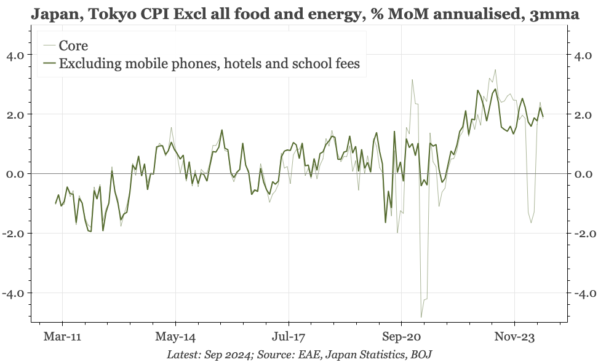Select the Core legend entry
point(73,45)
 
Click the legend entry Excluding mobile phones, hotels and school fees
point(209,63)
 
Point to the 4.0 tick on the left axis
point(15,55)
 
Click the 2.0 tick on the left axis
point(15,115)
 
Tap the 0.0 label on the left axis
point(15,174)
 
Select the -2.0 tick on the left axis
point(14,234)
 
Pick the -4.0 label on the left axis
point(14,293)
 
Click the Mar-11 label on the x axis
point(63,337)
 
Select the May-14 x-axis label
point(175,337)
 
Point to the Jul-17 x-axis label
point(288,337)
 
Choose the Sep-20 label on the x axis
point(401,337)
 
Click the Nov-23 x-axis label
point(514,337)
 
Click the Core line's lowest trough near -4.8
point(421,317)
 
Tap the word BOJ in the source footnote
point(421,355)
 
